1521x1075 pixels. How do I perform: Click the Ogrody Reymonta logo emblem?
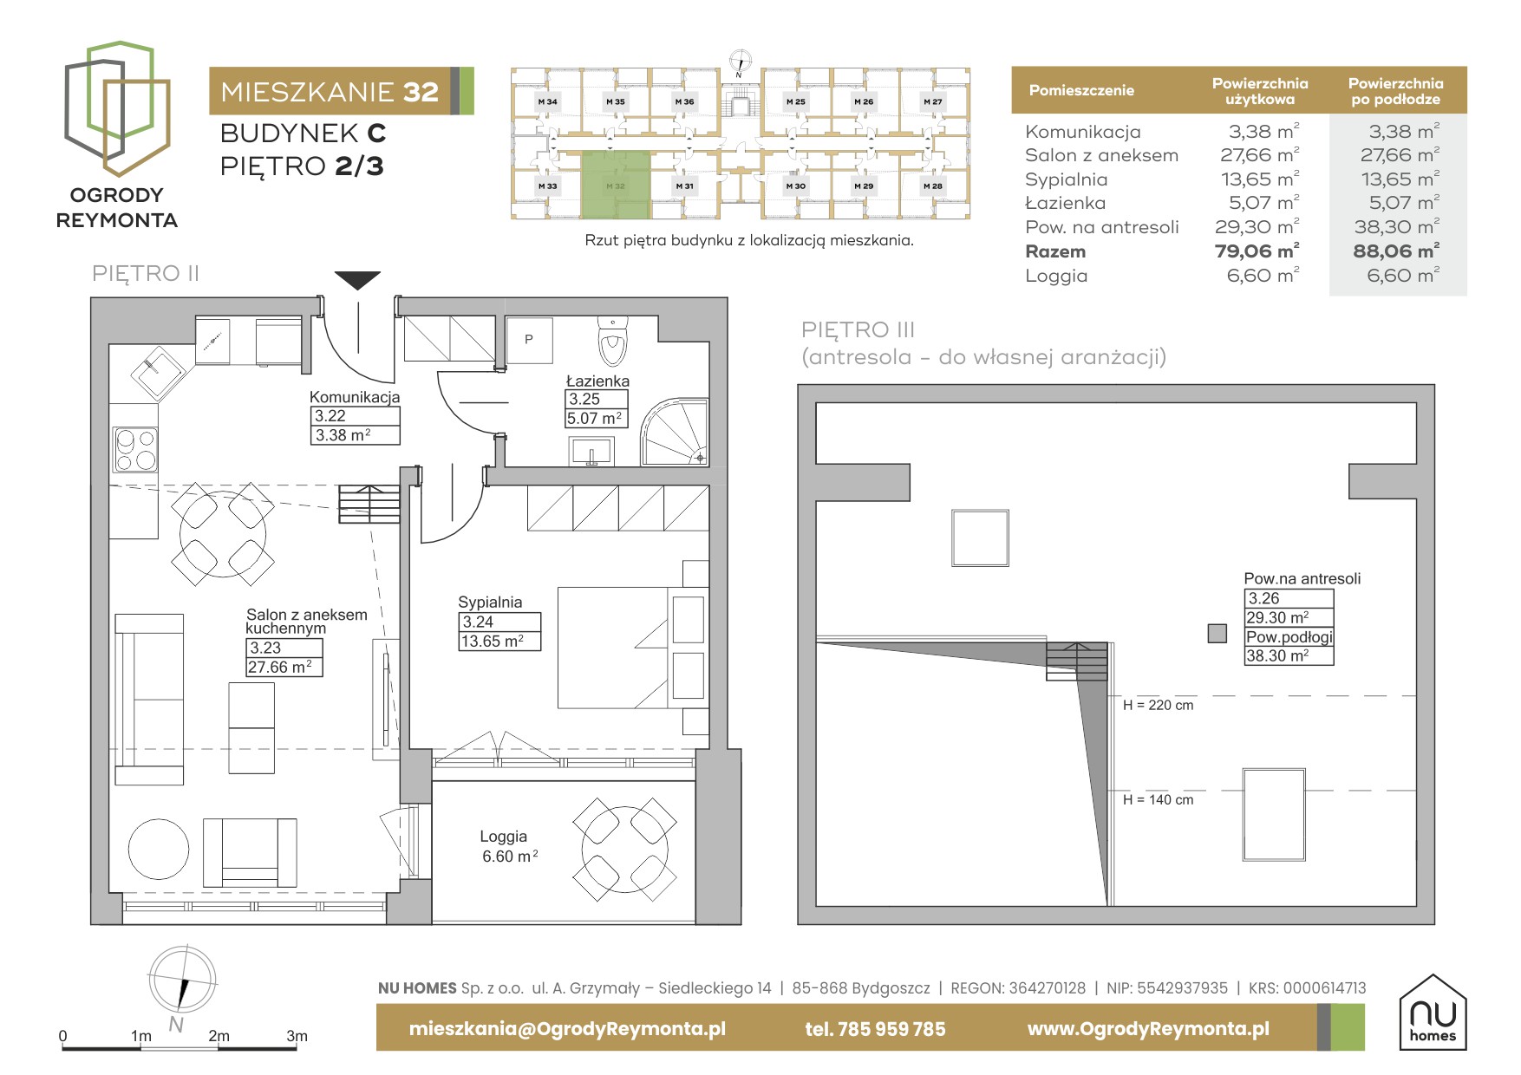[x=117, y=107]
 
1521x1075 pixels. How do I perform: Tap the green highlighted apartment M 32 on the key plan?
[x=615, y=184]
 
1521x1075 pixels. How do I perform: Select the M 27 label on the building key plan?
[x=932, y=101]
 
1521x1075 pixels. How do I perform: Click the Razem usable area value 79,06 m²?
[x=1257, y=251]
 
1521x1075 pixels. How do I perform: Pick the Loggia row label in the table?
[x=1055, y=276]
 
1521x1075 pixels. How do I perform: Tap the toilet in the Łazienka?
[x=612, y=342]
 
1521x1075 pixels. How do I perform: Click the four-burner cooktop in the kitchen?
[x=134, y=449]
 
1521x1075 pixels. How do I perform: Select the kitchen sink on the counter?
[x=159, y=373]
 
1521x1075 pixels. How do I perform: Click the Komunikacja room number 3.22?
[x=330, y=416]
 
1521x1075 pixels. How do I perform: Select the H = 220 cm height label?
[x=1158, y=706]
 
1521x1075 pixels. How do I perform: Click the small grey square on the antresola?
[x=1217, y=634]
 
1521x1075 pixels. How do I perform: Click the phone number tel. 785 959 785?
[x=875, y=1029]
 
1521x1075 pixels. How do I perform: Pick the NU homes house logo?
[x=1433, y=1012]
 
